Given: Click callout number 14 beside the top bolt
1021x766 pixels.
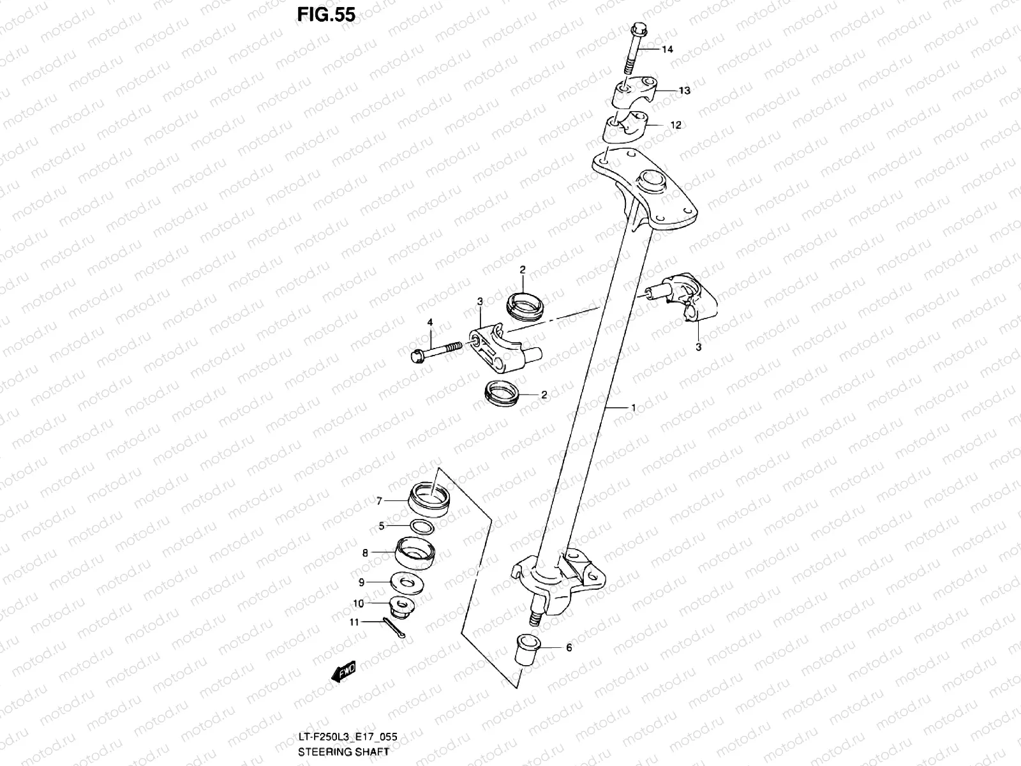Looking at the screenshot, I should click(667, 50).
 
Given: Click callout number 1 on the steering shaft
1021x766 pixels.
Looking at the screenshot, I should click(633, 407).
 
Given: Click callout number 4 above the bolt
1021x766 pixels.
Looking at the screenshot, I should click(430, 323).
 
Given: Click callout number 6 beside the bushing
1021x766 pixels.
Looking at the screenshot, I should click(569, 648).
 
